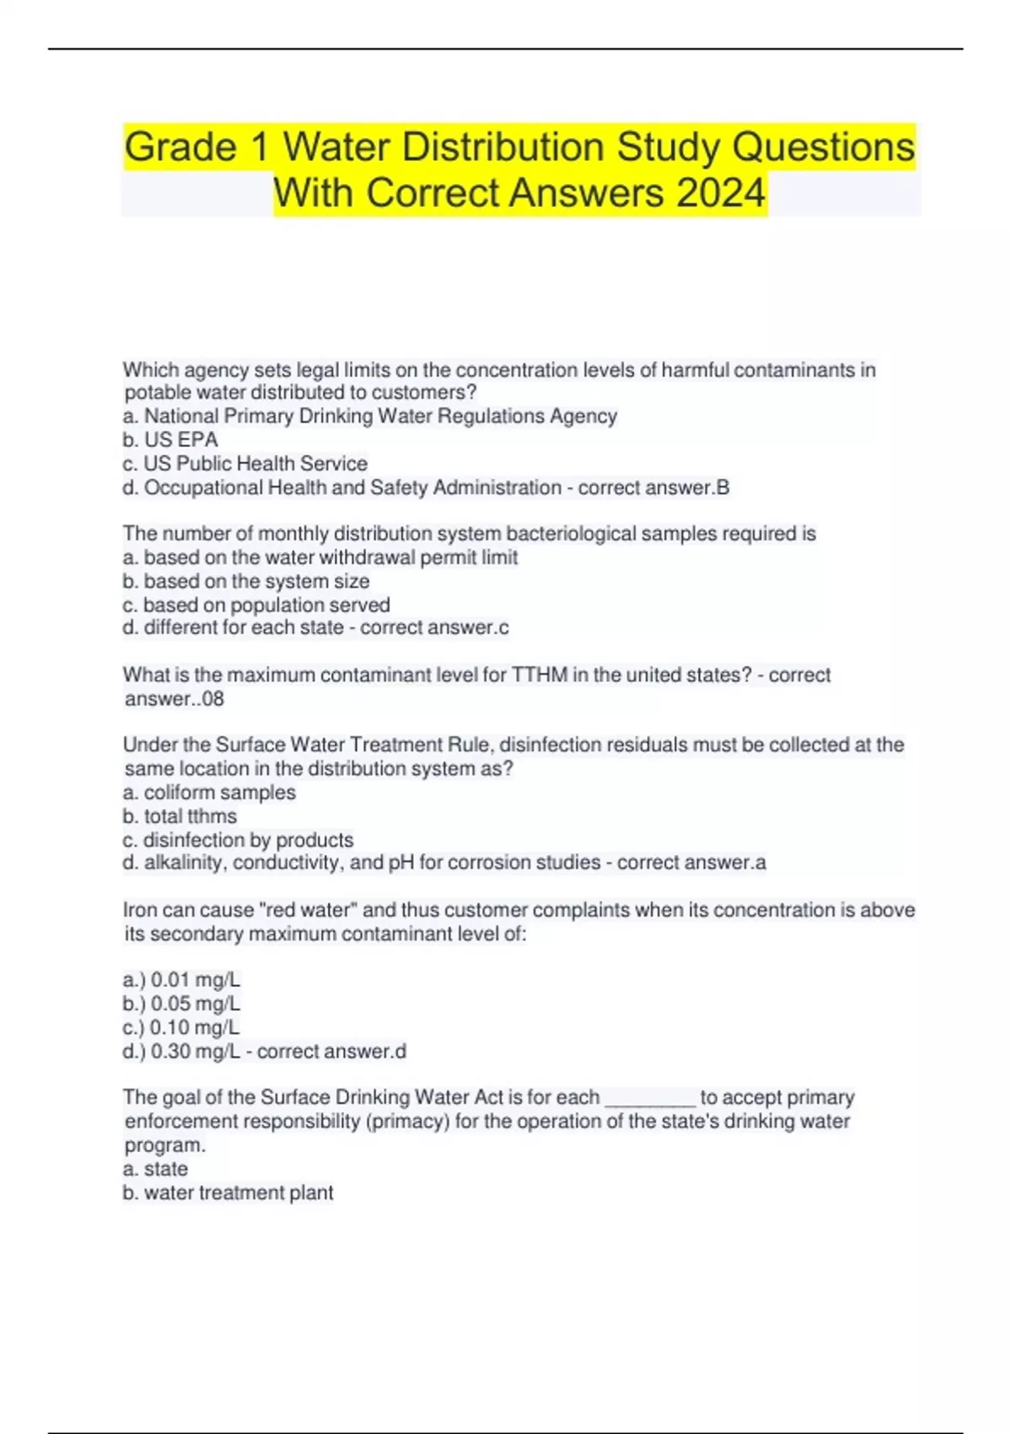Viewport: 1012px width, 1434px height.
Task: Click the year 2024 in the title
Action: (720, 193)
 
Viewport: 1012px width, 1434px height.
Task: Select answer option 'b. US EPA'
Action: (170, 439)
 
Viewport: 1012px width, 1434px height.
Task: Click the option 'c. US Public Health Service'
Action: (245, 463)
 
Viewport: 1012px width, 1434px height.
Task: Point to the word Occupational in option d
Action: (203, 488)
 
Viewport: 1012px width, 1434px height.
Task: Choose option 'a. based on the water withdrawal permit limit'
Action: (320, 558)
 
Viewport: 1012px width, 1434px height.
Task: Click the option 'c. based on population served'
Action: (256, 605)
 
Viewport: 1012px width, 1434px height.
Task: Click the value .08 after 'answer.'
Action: (212, 698)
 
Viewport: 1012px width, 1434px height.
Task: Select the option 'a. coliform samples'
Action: (209, 792)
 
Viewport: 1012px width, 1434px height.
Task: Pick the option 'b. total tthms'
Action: (180, 816)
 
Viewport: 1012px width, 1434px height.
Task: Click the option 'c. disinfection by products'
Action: (238, 840)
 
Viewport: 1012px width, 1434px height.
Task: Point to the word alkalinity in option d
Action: (185, 863)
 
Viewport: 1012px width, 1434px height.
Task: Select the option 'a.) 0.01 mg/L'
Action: (181, 980)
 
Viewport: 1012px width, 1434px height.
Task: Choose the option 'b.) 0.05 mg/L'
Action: (181, 1004)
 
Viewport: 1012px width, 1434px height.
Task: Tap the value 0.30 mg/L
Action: (195, 1052)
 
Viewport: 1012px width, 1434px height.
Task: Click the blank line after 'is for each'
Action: (650, 1099)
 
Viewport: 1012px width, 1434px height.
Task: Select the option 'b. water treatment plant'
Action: (229, 1193)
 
